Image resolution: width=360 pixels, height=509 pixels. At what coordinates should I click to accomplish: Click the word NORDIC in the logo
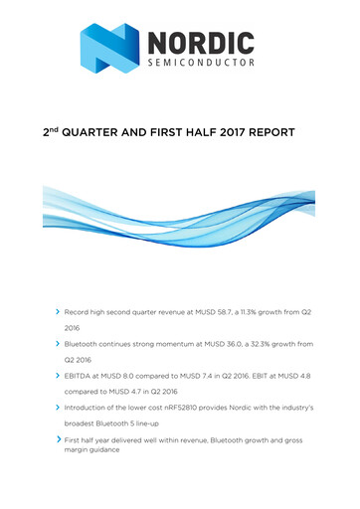click(x=203, y=43)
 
